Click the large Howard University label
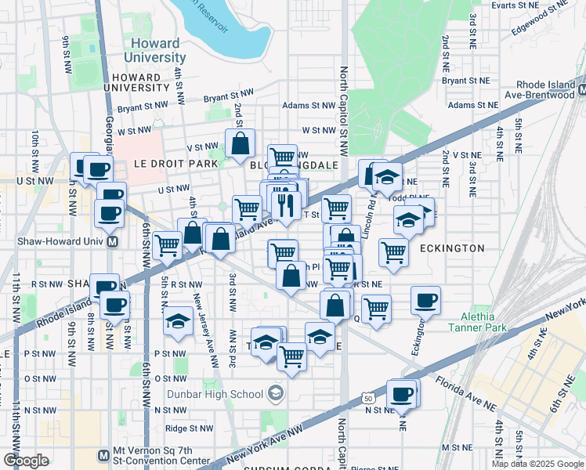coord(155,50)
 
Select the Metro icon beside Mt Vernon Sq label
coord(103,455)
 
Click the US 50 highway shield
coord(367,399)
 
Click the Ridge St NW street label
coord(187,428)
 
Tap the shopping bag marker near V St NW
coord(240,143)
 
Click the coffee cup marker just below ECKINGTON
coord(426,300)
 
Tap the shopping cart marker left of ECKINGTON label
coord(392,252)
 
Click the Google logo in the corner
coord(26,461)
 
